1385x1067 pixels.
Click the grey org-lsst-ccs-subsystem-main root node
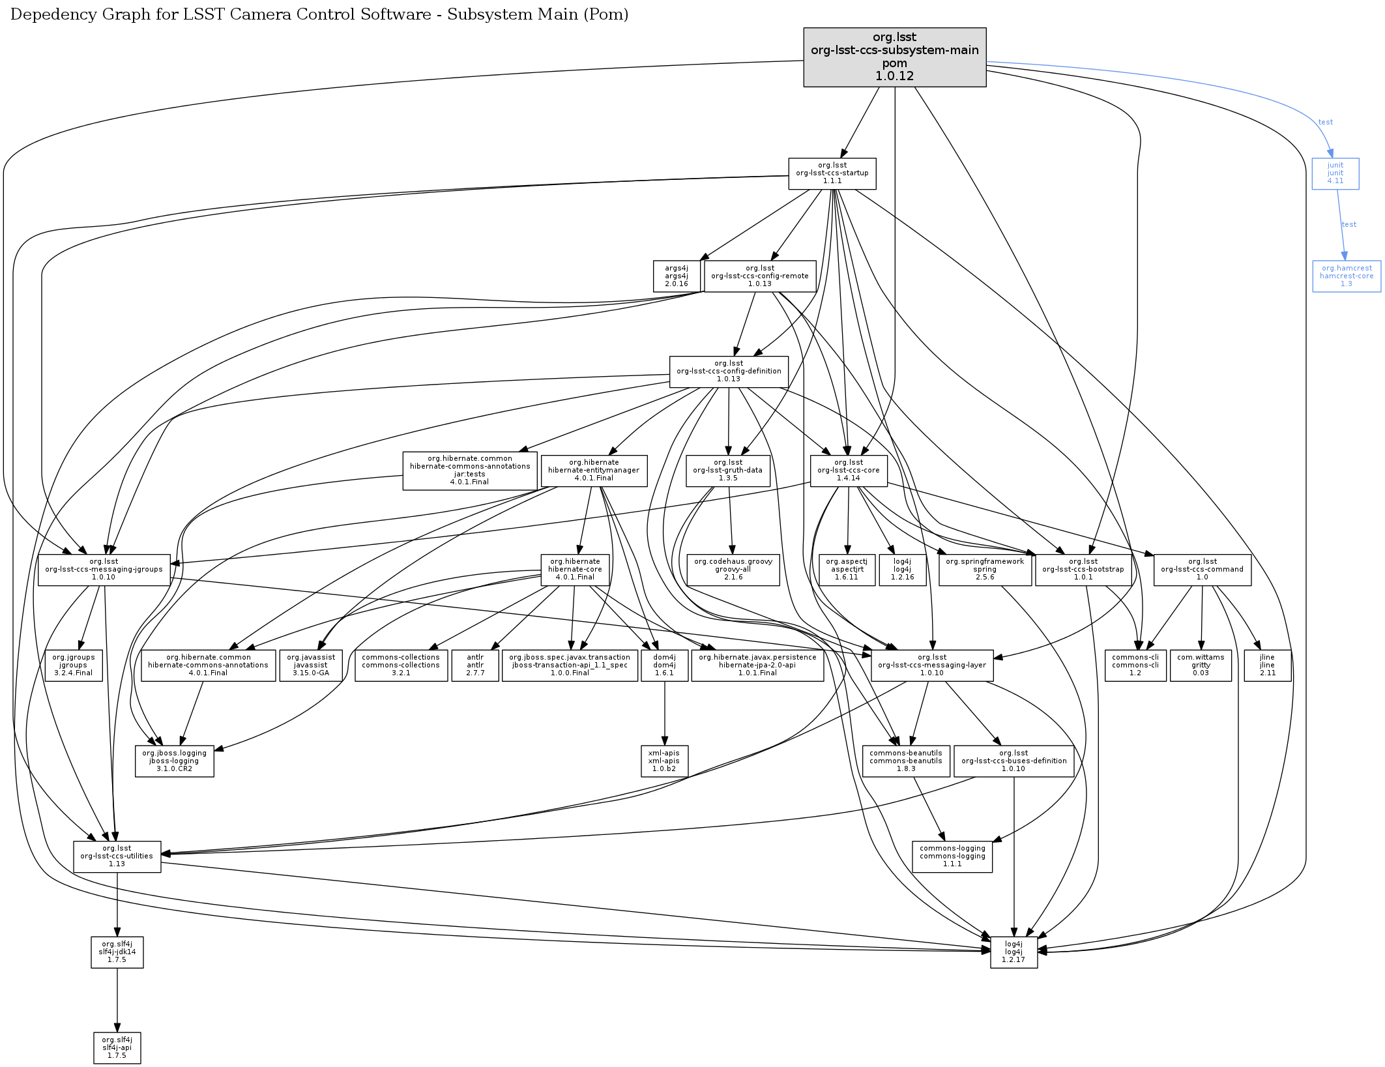[894, 57]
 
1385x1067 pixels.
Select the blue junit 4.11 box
[1335, 173]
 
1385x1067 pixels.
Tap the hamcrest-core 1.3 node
[1346, 276]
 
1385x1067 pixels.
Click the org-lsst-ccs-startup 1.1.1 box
[832, 173]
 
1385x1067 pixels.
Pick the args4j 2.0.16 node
[677, 276]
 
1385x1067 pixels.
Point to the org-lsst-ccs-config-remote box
[759, 276]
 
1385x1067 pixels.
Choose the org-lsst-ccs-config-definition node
[729, 372]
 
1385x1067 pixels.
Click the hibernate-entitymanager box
[594, 471]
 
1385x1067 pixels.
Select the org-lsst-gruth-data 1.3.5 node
[727, 471]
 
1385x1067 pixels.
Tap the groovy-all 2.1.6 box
[733, 570]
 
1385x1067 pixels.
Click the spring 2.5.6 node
[984, 570]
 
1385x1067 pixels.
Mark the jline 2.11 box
[1267, 665]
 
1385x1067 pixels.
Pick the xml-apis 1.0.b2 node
[663, 761]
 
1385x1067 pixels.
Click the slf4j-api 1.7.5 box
[117, 1048]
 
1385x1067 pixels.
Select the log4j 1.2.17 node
[1013, 952]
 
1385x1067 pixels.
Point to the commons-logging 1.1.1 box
[952, 856]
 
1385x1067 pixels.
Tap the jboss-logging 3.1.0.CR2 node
[174, 761]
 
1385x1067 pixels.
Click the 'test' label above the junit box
[1325, 123]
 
